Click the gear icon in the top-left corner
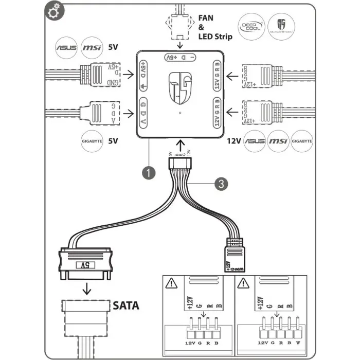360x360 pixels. pyautogui.click(x=51, y=12)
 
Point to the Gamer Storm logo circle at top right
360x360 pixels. pyautogui.click(x=280, y=26)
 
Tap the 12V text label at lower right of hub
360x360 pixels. pyautogui.click(x=233, y=139)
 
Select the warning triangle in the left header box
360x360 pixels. pyautogui.click(x=169, y=282)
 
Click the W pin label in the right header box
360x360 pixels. pyautogui.click(x=298, y=342)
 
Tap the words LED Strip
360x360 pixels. pyautogui.click(x=215, y=37)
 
